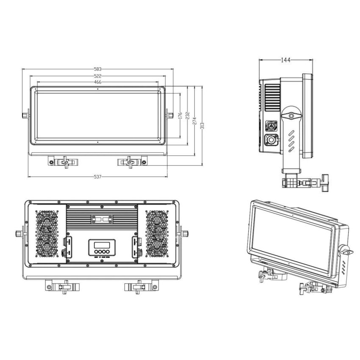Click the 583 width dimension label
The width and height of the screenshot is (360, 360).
[x=98, y=69]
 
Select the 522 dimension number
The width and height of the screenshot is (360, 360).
[x=98, y=76]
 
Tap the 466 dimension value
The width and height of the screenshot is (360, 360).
[x=98, y=82]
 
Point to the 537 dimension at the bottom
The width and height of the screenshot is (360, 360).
[x=98, y=176]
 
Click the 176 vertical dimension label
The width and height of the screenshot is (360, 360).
[x=180, y=115]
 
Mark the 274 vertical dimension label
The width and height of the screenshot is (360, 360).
[x=194, y=122]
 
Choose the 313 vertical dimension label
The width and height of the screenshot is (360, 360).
[x=202, y=126]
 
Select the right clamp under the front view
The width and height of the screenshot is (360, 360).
[x=131, y=161]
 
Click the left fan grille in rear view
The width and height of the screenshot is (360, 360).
[x=47, y=234]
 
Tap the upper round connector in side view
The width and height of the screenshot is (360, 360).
[x=270, y=125]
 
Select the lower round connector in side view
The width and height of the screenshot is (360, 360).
[x=270, y=140]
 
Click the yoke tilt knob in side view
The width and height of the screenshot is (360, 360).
[x=291, y=115]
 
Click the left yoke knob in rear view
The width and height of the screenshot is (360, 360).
[x=19, y=233]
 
